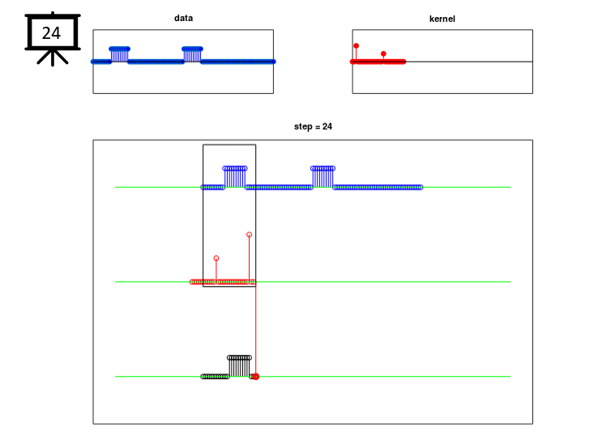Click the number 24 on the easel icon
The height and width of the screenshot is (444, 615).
[51, 33]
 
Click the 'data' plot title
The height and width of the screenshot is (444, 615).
[183, 18]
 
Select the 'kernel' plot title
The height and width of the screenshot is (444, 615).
[442, 19]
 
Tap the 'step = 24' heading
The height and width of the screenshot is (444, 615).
[313, 126]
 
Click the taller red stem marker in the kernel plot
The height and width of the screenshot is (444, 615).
[357, 46]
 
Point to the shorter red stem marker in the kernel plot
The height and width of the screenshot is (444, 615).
[383, 53]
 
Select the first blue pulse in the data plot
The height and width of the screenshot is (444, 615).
[120, 54]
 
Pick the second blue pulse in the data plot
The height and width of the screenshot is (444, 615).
[192, 54]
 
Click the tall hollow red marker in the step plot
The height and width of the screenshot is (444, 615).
[249, 234]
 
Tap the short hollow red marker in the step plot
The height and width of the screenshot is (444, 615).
[216, 258]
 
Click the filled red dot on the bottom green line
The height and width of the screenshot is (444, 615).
[256, 377]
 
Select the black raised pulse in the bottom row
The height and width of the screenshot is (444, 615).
[239, 366]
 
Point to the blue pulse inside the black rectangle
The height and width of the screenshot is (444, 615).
[235, 177]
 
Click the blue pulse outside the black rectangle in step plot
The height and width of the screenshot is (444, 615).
[322, 177]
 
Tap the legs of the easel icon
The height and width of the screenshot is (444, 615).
[53, 58]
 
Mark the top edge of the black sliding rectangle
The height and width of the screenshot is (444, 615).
[229, 145]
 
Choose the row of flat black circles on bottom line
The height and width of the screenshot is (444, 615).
[215, 377]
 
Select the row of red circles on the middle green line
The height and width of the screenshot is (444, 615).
[223, 282]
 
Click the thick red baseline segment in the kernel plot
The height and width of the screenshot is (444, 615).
[378, 62]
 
